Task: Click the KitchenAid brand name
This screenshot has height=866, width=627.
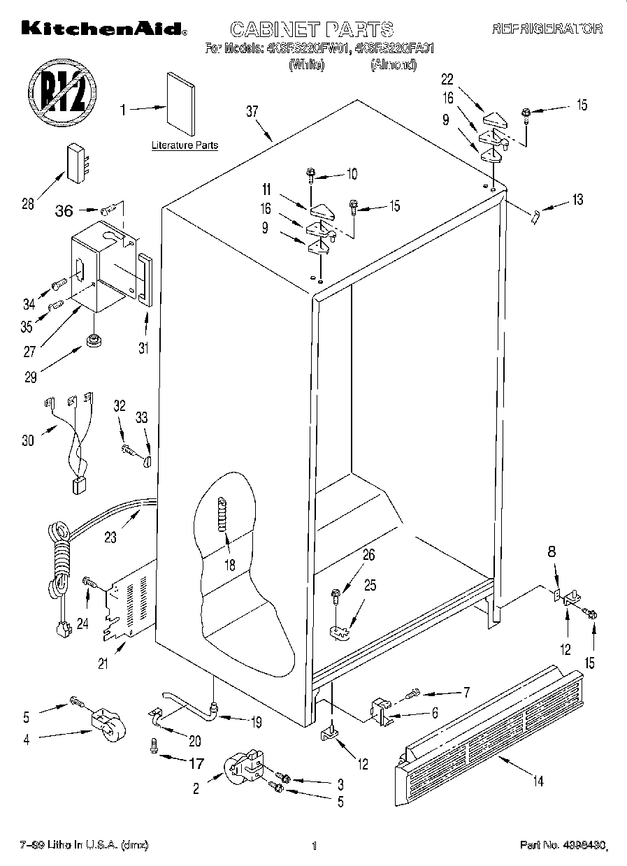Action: click(103, 29)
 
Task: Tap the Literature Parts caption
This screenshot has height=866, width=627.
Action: click(185, 145)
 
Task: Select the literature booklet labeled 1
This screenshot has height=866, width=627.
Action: click(180, 103)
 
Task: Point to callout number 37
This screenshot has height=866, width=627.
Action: click(253, 111)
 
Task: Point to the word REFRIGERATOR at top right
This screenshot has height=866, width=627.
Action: click(547, 29)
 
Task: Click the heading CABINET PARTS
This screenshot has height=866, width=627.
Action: click(312, 29)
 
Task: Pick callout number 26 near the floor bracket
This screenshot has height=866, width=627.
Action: click(368, 556)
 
